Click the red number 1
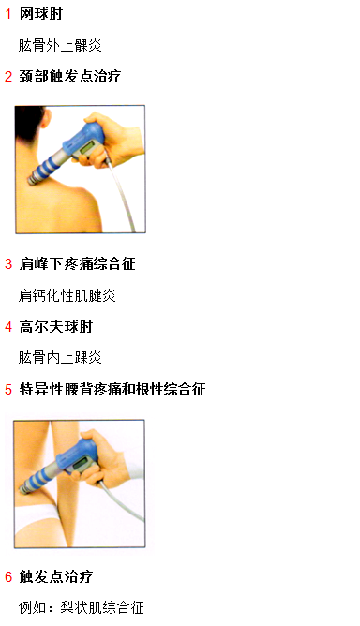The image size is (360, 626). (8, 14)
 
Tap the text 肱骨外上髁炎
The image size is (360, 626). (60, 45)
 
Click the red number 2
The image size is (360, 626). (8, 77)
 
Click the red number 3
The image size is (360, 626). (8, 264)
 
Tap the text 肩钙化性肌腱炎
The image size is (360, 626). (67, 295)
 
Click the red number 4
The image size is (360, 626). (8, 327)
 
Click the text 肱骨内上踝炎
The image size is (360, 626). (60, 357)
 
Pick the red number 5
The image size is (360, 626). (8, 389)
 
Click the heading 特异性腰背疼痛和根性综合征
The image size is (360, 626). (112, 389)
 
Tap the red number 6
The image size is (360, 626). (8, 576)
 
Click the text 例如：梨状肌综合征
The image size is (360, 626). (82, 607)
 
